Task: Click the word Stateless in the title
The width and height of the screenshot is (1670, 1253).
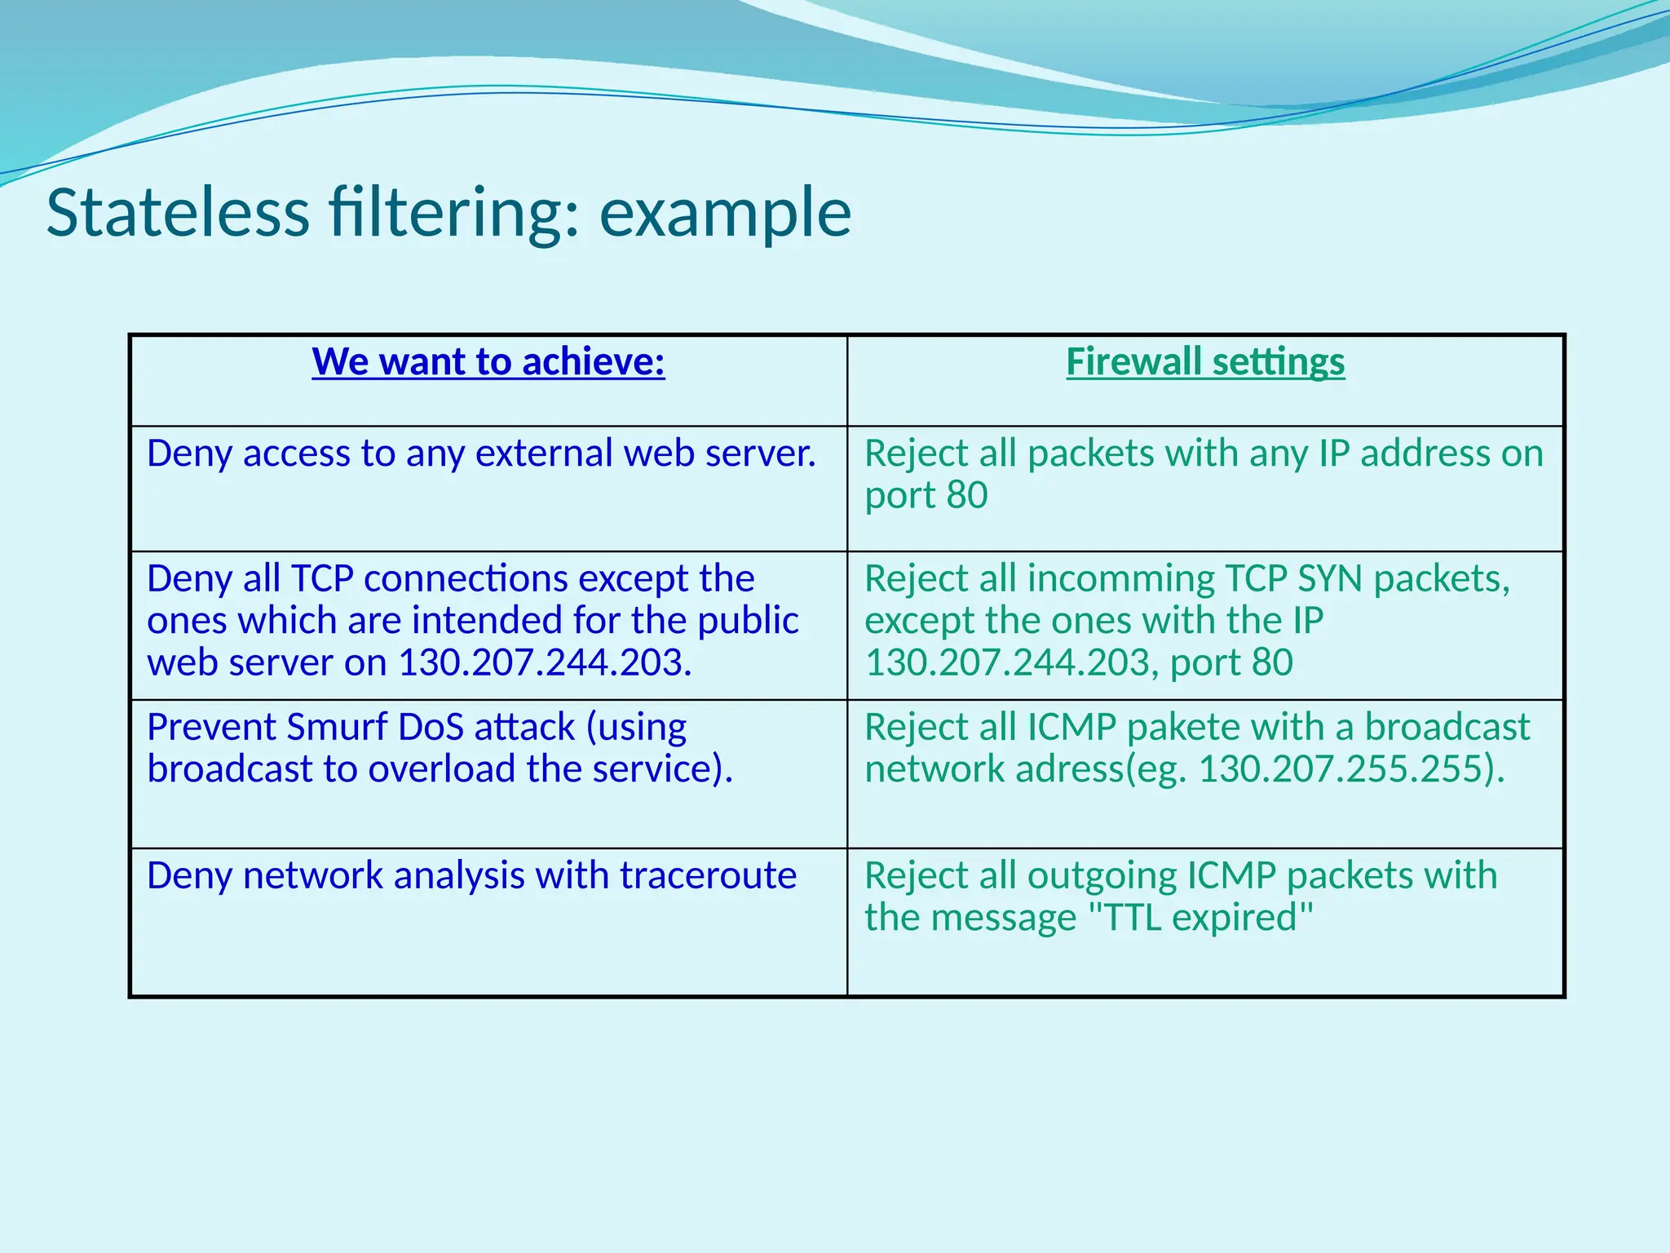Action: (178, 213)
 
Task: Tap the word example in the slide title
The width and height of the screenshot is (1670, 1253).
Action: (725, 213)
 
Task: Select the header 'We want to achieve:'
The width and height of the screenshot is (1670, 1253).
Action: (488, 361)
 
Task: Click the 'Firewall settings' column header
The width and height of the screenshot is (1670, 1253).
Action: (1205, 361)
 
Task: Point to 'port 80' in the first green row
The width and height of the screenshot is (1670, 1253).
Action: (926, 495)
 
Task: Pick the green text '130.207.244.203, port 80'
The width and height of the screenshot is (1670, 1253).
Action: (1078, 662)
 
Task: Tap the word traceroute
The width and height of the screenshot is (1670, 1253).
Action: (708, 876)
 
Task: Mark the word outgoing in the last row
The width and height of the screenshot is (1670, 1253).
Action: (1101, 876)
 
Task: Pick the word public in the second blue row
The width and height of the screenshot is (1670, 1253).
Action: (748, 621)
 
